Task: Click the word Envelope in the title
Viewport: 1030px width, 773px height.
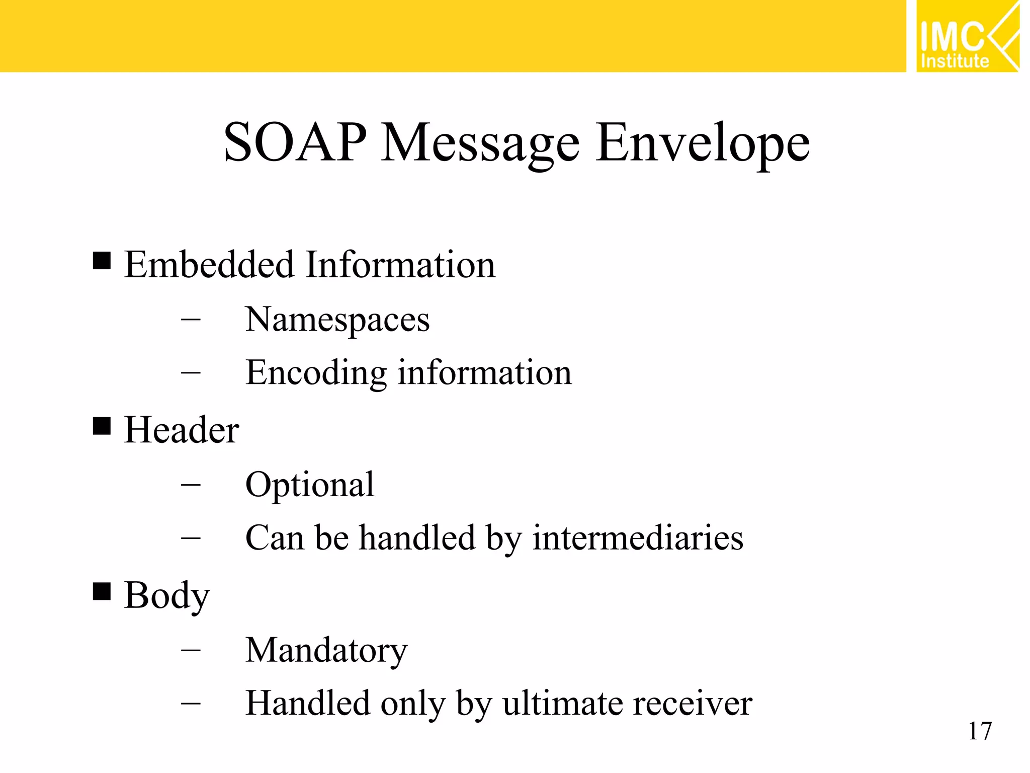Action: pyautogui.click(x=703, y=143)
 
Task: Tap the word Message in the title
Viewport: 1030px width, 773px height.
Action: pyautogui.click(x=480, y=143)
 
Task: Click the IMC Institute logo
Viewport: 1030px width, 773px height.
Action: pyautogui.click(x=967, y=36)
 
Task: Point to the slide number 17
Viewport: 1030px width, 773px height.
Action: pyautogui.click(x=980, y=731)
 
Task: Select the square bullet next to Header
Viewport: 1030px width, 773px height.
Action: pyautogui.click(x=102, y=426)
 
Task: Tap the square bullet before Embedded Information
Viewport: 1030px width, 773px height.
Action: pyautogui.click(x=102, y=261)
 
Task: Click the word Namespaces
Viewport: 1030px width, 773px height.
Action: pyautogui.click(x=337, y=320)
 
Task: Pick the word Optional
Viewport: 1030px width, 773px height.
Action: pyautogui.click(x=309, y=485)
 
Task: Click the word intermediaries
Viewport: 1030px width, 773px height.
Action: pyautogui.click(x=638, y=537)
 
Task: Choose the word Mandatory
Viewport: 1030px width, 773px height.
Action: pyautogui.click(x=326, y=650)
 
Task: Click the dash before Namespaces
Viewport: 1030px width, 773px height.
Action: pyautogui.click(x=191, y=319)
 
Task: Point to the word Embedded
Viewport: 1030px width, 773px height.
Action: pyautogui.click(x=209, y=265)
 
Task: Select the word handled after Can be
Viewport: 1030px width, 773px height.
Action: pyautogui.click(x=417, y=537)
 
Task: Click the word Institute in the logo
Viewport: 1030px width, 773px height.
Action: pyautogui.click(x=955, y=61)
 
